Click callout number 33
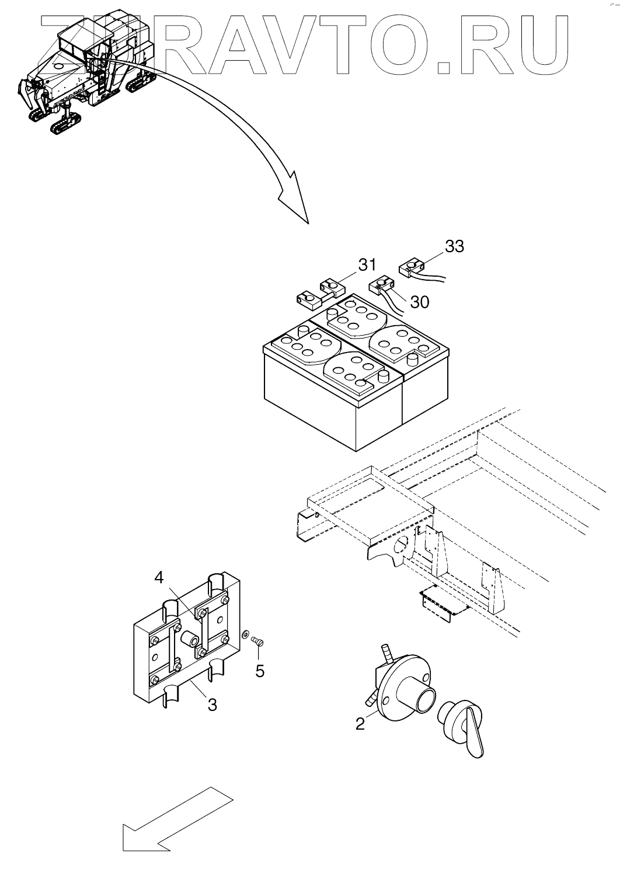click(x=454, y=246)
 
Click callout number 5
click(x=260, y=671)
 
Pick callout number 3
click(x=212, y=705)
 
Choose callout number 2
click(x=360, y=724)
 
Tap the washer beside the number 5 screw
click(x=246, y=635)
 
